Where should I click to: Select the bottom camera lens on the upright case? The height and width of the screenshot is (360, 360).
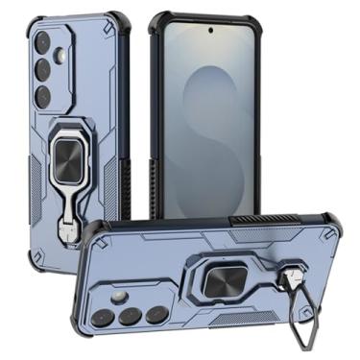click(44, 97)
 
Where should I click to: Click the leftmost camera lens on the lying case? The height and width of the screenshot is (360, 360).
click(110, 317)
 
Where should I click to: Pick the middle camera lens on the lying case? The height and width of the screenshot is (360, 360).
click(133, 315)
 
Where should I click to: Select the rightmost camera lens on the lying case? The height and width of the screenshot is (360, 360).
click(156, 313)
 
